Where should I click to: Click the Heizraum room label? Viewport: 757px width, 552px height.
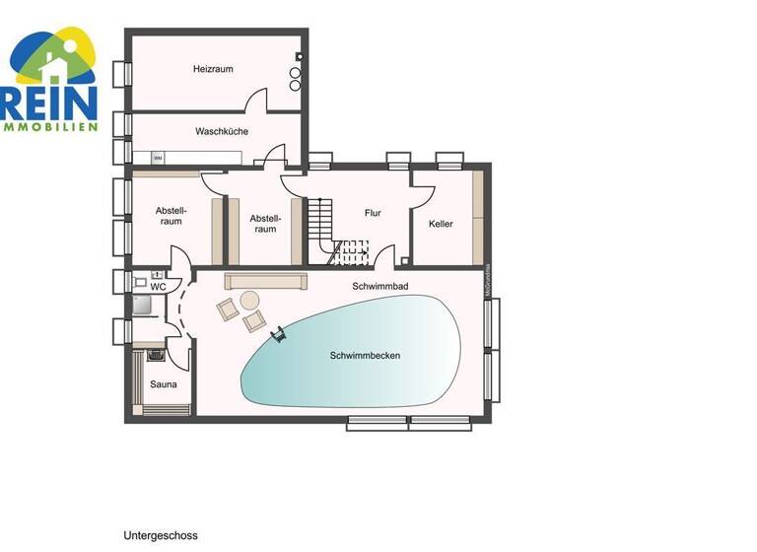(212, 69)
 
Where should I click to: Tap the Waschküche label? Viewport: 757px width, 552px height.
(221, 131)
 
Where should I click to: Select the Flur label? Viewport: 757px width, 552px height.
(372, 212)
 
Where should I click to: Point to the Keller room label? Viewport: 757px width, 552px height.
(441, 224)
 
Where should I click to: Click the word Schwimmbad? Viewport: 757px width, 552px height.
(379, 286)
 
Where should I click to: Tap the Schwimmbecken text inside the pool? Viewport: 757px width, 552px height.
(365, 355)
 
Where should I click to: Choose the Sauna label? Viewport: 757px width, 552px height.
(163, 383)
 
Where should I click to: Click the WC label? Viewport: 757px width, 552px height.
(157, 287)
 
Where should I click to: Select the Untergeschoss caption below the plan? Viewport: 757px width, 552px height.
(161, 536)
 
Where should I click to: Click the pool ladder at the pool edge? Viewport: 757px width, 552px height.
(279, 336)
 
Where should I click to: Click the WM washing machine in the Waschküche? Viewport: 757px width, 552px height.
(158, 158)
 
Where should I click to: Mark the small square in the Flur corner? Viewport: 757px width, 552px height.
(404, 261)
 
